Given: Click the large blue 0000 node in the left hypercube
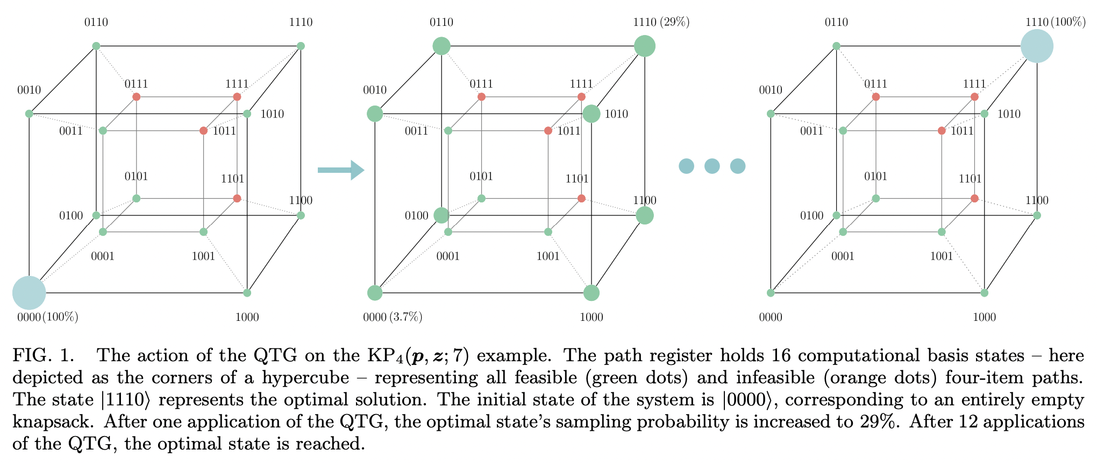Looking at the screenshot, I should [x=29, y=293].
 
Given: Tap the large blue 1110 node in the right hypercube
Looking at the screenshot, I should [x=1037, y=46].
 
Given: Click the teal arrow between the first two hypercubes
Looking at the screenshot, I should [x=341, y=170].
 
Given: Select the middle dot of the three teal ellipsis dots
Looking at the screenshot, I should [x=712, y=166].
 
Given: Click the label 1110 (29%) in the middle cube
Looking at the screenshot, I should [x=661, y=23].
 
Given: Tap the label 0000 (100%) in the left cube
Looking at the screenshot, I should [x=48, y=317].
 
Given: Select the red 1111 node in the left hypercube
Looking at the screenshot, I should [x=237, y=97].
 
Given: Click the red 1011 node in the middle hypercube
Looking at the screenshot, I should [x=548, y=131].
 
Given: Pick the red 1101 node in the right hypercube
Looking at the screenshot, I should [x=974, y=199].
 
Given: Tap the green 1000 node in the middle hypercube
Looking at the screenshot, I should [x=592, y=293].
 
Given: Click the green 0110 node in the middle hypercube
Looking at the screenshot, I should [x=441, y=46].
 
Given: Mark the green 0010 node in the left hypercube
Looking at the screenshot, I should [x=29, y=114].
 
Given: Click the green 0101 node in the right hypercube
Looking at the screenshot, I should [x=875, y=199].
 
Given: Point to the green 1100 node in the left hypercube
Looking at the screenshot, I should [x=301, y=215].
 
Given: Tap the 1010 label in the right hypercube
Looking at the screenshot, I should [x=1009, y=114].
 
